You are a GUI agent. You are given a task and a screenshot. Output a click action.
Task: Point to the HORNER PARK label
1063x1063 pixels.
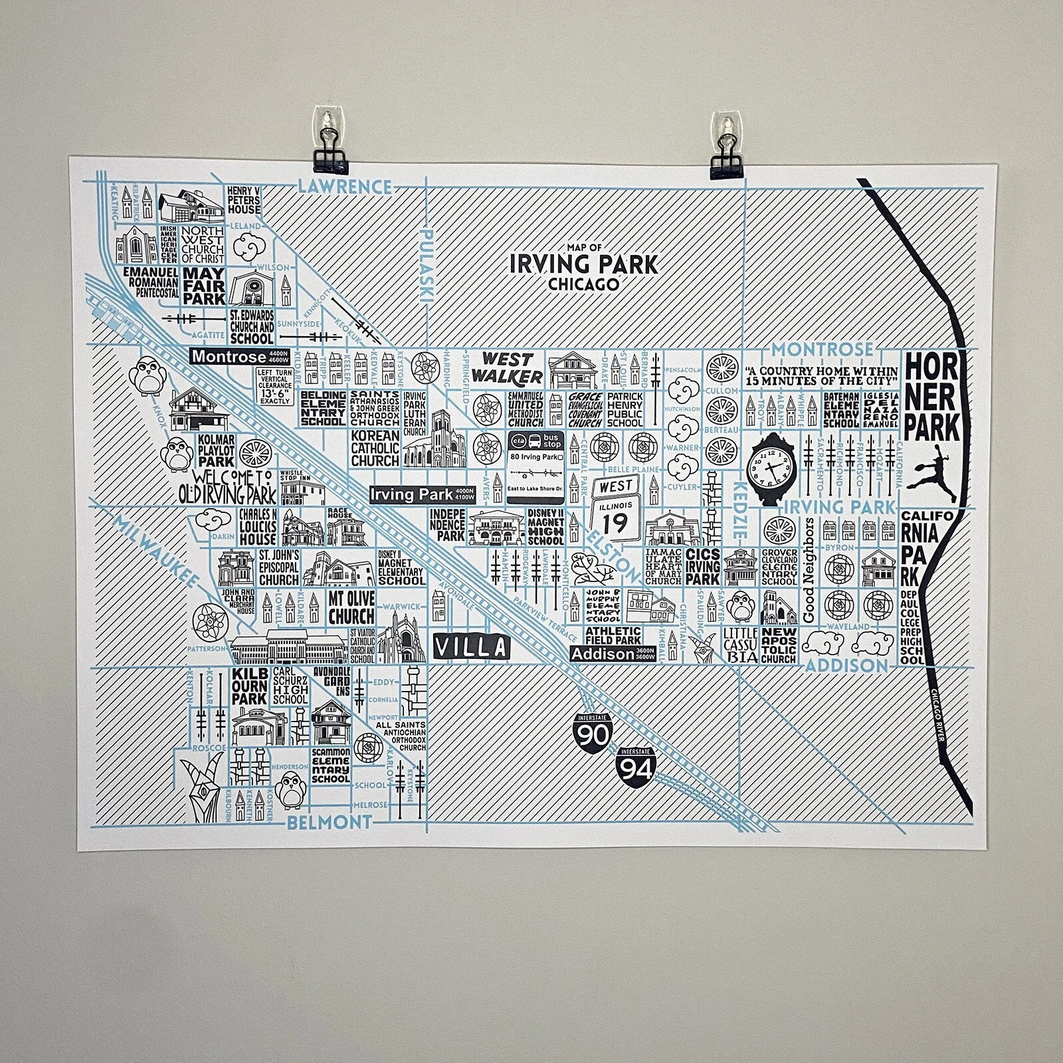pos(932,396)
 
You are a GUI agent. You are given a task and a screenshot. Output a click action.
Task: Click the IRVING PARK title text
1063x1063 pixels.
pos(583,264)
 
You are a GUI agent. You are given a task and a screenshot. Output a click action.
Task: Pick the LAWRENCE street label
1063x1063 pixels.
pos(344,187)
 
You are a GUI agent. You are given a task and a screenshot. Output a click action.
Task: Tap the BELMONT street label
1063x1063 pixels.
pos(329,822)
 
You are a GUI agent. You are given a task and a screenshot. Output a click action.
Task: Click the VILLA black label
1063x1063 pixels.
pos(471,646)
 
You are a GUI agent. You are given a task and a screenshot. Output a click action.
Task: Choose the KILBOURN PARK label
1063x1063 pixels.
pos(249,687)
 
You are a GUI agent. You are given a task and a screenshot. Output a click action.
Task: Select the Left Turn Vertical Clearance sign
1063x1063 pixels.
pos(275,387)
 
